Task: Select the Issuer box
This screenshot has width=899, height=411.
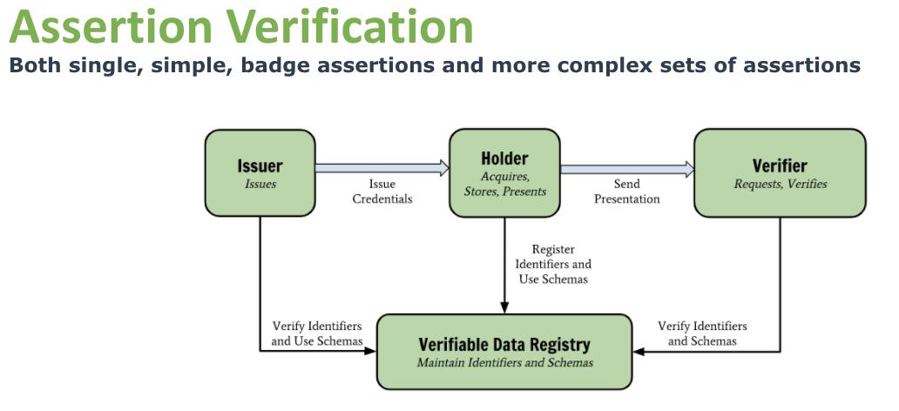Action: (x=260, y=172)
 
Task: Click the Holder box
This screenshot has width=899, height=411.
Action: (x=504, y=172)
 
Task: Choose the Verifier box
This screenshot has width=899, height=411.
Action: (x=780, y=172)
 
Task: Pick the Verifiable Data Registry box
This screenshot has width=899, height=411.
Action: (x=504, y=351)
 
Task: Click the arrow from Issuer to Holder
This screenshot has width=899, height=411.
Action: (x=382, y=167)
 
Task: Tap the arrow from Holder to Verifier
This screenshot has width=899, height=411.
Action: (x=627, y=169)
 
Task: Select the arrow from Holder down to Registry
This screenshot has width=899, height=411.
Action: (x=504, y=265)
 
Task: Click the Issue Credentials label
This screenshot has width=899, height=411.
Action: (x=382, y=192)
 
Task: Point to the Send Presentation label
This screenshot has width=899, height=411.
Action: (x=627, y=192)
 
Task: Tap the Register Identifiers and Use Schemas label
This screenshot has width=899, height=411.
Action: (x=552, y=264)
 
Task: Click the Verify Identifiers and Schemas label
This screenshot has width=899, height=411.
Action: (x=702, y=334)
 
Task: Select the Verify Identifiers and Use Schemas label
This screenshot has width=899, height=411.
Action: (x=316, y=334)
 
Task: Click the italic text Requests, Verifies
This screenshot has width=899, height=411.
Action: (x=780, y=184)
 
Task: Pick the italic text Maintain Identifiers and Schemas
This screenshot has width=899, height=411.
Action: (x=504, y=362)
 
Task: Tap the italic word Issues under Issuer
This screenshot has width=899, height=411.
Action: (x=260, y=184)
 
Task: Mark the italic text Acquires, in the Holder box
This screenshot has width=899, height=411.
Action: (x=504, y=177)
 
